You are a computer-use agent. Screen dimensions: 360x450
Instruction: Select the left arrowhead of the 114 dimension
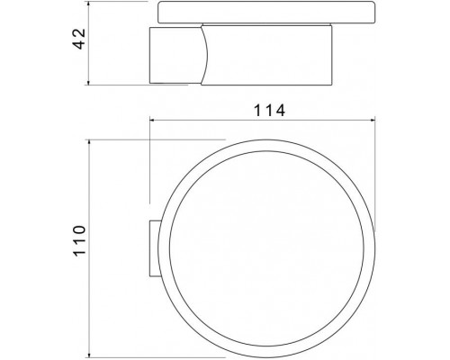click(x=153, y=121)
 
